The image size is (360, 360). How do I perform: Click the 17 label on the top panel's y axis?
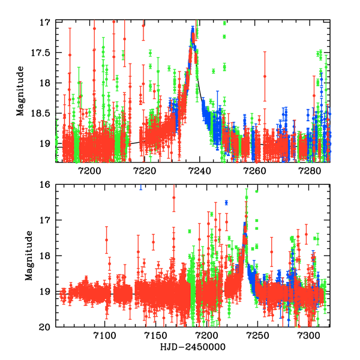tap(44, 22)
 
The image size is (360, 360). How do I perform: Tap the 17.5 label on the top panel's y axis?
tap(40, 53)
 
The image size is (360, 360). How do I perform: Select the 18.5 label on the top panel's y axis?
tap(40, 113)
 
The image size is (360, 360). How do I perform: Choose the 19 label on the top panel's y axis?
tap(44, 144)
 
